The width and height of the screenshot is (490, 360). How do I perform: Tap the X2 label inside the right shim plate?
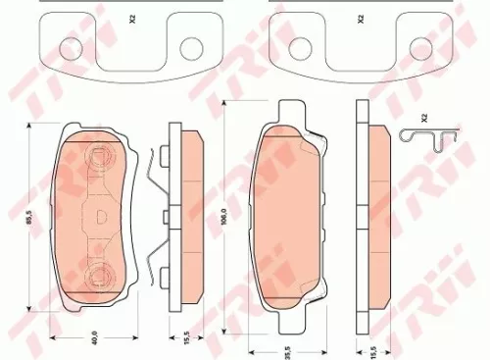point(361,20)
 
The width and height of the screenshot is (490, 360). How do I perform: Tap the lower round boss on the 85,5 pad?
point(97,274)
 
